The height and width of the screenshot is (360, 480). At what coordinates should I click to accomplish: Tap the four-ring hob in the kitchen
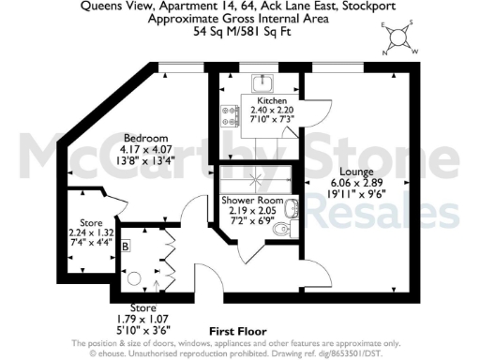tap(228, 115)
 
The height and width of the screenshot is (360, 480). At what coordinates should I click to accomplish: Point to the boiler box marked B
tap(126, 246)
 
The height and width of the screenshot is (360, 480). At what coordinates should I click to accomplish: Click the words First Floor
tap(237, 332)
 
